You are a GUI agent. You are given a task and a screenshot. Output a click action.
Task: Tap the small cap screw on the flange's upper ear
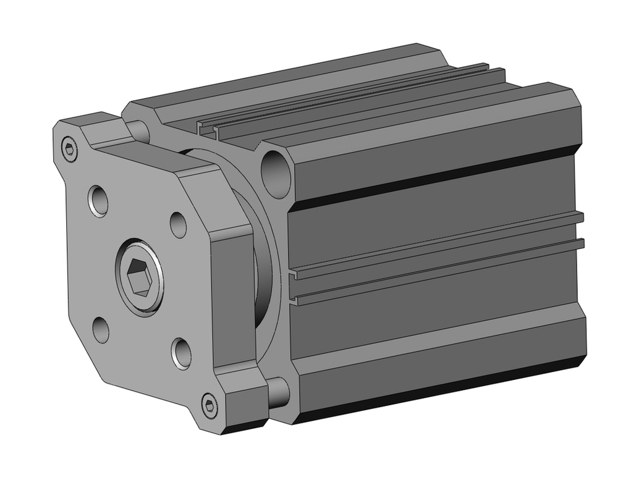point(70,149)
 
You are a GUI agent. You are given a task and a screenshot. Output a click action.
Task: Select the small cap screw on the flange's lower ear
point(210,405)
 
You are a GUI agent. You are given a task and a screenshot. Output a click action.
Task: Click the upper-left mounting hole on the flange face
point(98,200)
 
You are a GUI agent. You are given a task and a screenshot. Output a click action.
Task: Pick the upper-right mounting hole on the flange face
point(178,225)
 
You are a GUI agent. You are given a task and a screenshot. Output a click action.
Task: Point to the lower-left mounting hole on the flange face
point(101,329)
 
